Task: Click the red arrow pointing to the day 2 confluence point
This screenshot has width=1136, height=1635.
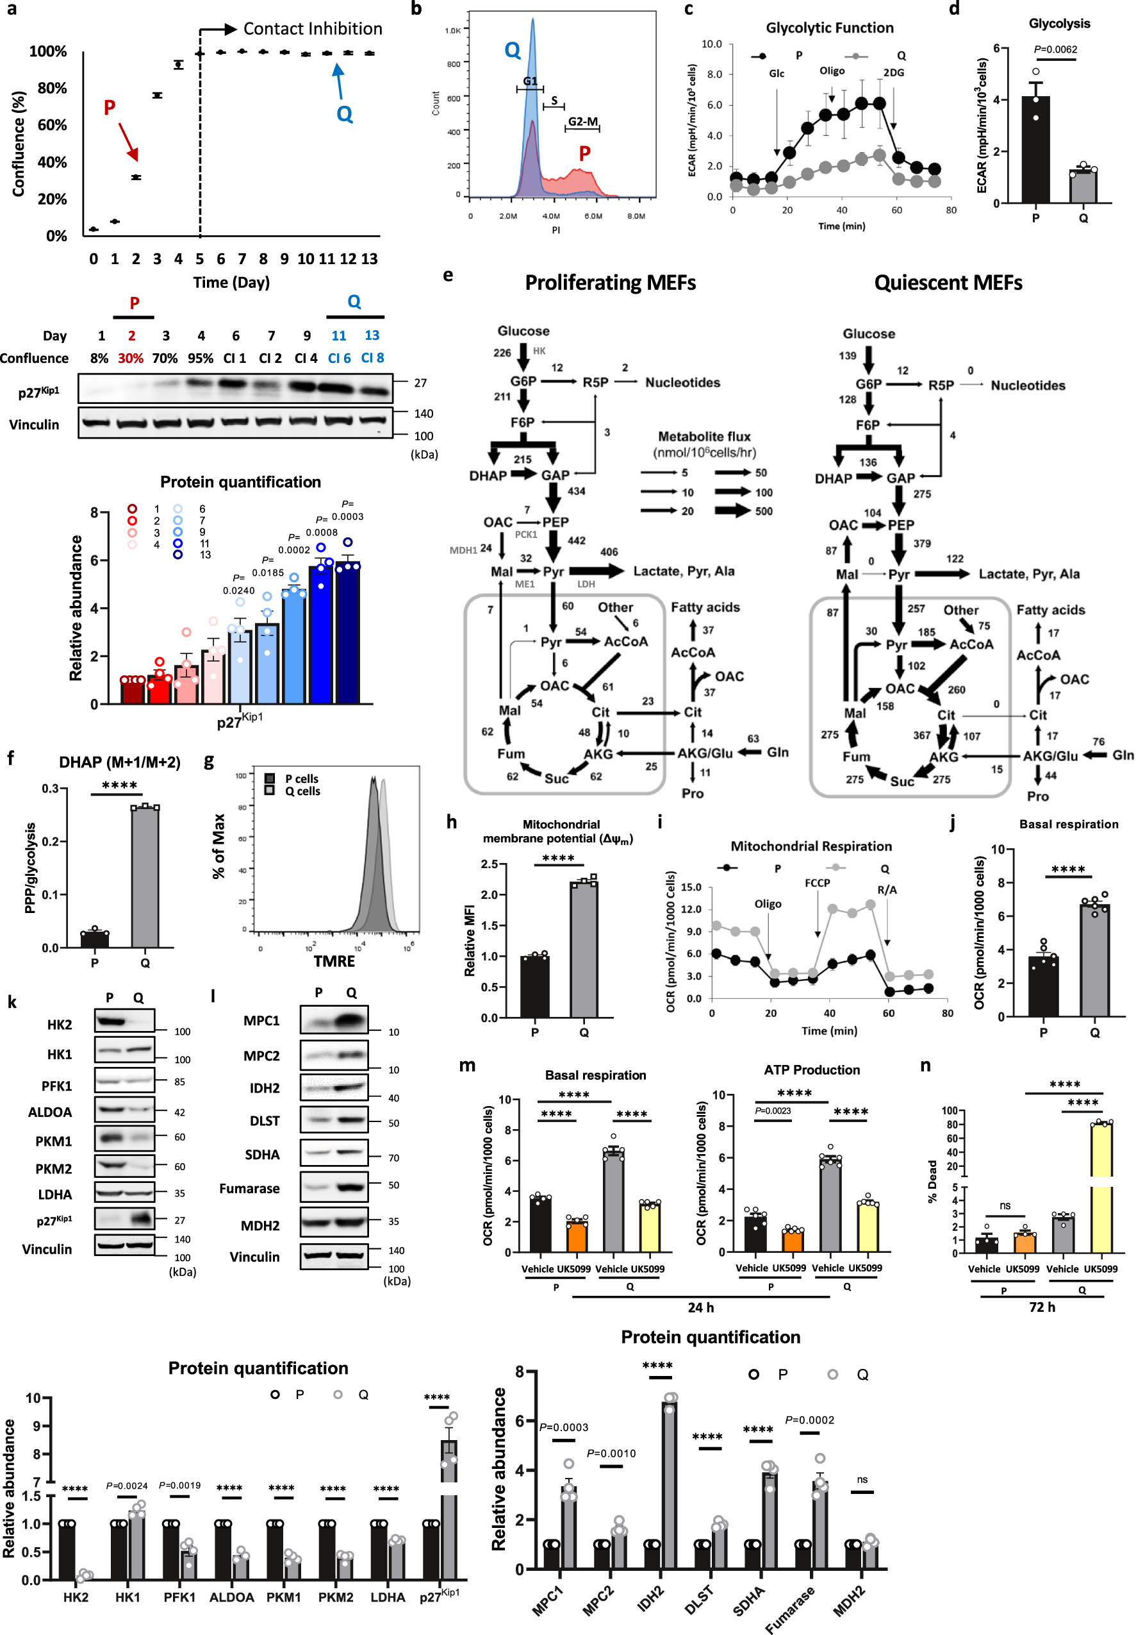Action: coord(128,141)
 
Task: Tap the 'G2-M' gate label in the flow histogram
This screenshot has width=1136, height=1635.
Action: coord(582,122)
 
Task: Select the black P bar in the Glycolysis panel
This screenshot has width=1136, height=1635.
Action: coord(1035,149)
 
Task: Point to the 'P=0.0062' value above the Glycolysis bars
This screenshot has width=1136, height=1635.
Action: coord(1055,49)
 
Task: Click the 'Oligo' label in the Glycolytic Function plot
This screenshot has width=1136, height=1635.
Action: coord(832,71)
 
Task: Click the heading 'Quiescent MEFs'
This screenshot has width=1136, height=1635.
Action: coord(948,283)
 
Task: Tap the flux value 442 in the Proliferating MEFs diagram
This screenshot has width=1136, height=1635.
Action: coord(577,541)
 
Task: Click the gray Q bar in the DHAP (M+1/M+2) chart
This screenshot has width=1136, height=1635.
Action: coord(145,877)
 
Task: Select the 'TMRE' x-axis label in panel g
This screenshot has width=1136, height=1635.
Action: coord(334,961)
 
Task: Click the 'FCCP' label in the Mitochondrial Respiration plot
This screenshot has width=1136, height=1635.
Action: coord(817,883)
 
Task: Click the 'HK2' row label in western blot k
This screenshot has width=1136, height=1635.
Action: coord(60,1025)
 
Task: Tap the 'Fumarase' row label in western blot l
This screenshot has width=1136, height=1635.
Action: coord(249,1189)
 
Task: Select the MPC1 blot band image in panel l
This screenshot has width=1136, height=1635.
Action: coord(334,1021)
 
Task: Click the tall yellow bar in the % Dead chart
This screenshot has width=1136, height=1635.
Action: coord(1101,1188)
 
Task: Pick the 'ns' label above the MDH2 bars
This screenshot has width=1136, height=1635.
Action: coord(862,1480)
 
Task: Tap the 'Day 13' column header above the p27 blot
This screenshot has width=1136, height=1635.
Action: coord(372,335)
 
